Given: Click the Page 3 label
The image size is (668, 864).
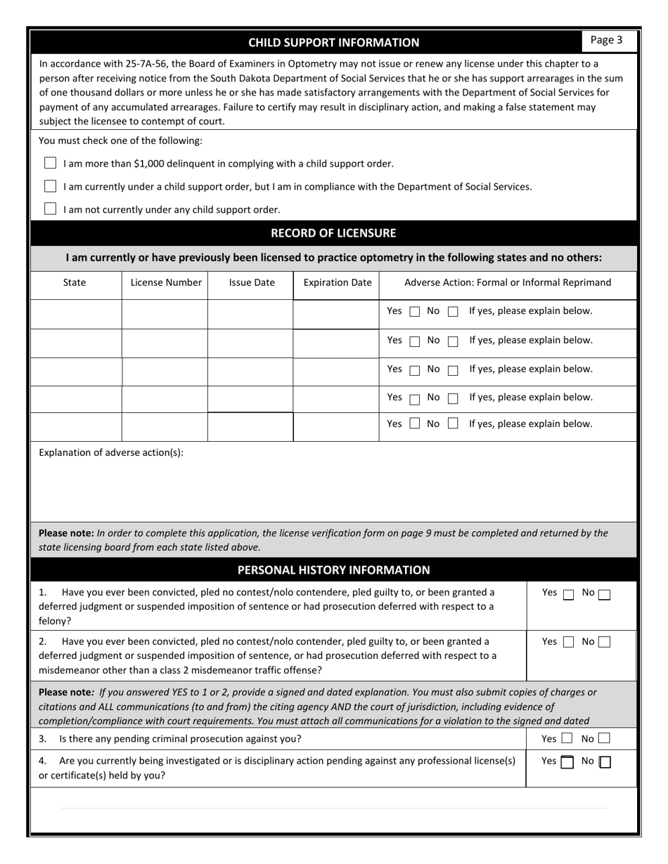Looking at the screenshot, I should coord(606,40).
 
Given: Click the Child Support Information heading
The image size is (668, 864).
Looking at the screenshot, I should coord(333,42).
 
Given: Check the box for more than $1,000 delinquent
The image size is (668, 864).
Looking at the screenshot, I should coord(50,163).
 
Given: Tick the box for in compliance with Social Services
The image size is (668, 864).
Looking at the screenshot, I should coord(50,186).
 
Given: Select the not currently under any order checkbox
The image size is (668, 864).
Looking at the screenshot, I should coord(50,209).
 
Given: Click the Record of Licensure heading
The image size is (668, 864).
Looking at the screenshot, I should coord(333,233).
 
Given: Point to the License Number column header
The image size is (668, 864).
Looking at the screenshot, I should coord(166,282).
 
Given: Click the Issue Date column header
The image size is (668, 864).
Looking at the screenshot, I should coord(251,282).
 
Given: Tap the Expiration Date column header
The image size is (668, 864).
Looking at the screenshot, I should coord(337,282).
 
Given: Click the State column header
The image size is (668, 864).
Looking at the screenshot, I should coord(75,282).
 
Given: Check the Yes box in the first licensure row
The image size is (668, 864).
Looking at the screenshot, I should coord(415,312).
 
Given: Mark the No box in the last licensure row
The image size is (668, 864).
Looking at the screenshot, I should coord(453,424).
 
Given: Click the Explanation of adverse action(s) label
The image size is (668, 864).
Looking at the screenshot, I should coord(111,452).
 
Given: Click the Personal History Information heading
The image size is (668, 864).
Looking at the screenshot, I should coord(333,570).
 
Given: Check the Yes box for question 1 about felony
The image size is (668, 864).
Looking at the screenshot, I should coord(568,594).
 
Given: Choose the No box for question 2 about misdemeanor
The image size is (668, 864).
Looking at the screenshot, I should coord(604,641).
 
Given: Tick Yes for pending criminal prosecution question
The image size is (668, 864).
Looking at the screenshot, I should coord(567,739).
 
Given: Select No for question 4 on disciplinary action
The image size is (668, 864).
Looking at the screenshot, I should coord(605,762).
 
